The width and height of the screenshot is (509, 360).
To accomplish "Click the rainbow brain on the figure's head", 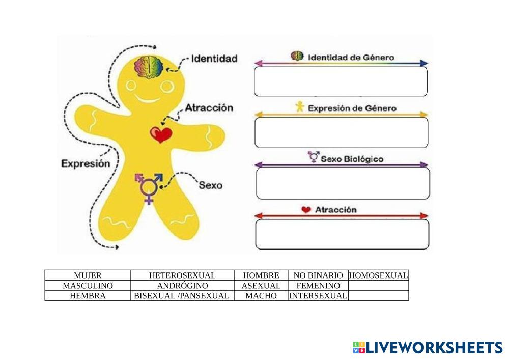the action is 148,67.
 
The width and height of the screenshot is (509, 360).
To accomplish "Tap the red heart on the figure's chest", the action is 161,135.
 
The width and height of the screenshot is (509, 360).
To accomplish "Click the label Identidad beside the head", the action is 214,59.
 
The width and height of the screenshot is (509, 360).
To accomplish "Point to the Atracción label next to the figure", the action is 209,108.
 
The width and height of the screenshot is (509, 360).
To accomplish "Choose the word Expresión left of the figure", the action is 86,163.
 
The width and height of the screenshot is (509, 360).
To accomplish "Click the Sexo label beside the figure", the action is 210,185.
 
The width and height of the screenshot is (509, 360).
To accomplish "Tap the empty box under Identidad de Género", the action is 341,81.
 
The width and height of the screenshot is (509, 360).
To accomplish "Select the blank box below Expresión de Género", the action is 341,132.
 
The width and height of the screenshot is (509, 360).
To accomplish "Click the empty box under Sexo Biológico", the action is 343,183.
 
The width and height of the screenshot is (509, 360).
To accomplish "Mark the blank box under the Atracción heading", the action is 342,234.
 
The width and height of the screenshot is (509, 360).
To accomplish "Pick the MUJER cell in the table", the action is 88,275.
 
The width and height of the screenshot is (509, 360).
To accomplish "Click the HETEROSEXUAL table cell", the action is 182,275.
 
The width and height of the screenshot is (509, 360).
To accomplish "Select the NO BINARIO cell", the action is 318,275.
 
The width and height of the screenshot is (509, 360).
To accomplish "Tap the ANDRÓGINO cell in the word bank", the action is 182,286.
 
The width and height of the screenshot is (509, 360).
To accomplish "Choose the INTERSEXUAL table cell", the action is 318,296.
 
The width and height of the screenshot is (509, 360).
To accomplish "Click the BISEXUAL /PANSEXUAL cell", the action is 182,296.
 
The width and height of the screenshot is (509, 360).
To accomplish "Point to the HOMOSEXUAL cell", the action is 379,275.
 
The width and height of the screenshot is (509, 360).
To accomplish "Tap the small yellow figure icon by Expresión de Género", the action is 300,107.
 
